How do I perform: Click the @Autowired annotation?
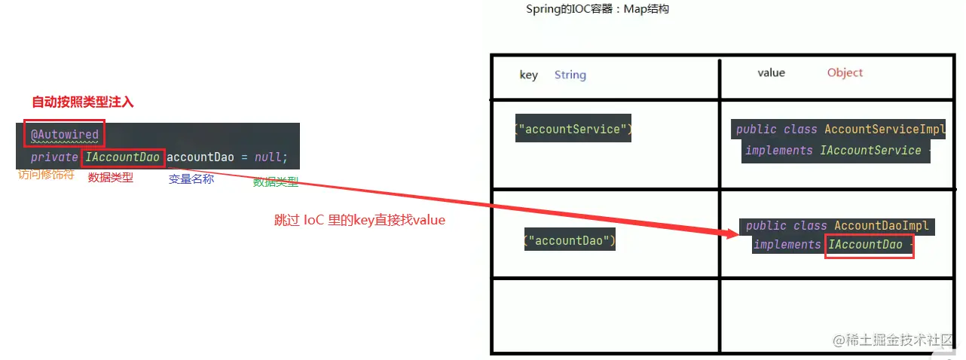coord(65,135)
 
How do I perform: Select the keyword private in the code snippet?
coord(54,157)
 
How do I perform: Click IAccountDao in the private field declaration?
coord(122,157)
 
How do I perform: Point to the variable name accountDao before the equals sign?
coord(200,157)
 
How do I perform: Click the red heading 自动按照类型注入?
coord(83,102)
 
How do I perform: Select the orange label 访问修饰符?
coord(46,175)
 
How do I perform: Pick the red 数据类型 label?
coord(111,178)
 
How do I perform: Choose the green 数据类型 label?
coord(276,182)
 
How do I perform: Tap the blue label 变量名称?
coord(191,178)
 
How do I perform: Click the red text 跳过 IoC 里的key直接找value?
coord(360,221)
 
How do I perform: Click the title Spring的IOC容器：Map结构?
coord(598,9)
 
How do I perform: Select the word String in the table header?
coord(570,75)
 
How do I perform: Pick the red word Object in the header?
coord(845,72)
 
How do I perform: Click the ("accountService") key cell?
coord(573,130)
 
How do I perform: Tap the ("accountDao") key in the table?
coord(570,241)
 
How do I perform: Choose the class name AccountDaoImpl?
coord(882,226)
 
